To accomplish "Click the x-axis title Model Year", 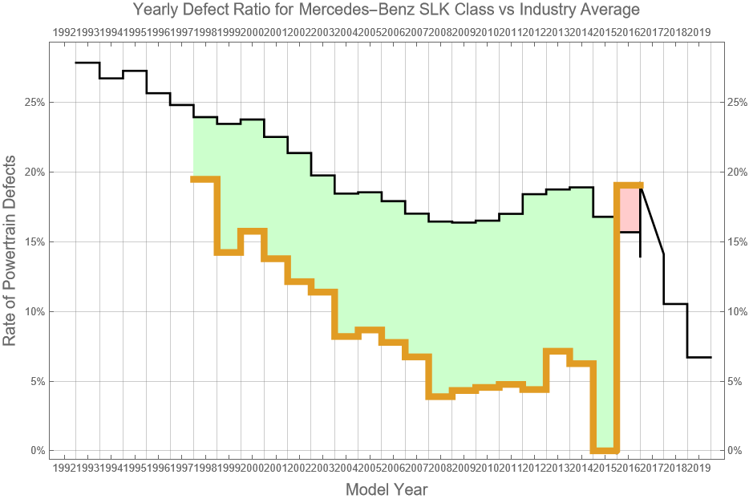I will [386, 489].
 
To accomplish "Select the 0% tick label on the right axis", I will [735, 451].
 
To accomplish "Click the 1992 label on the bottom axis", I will [63, 468].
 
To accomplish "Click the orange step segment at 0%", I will [604, 451].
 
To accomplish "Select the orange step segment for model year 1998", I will [205, 179].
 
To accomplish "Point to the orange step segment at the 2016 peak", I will [629, 185].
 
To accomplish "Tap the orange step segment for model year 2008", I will [440, 396].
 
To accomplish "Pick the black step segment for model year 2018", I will [675, 304].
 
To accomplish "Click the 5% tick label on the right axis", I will [735, 381].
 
